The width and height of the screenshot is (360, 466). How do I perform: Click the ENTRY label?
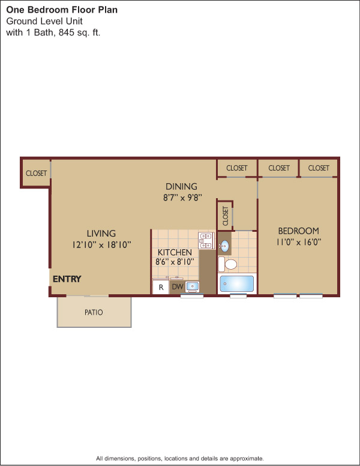coord(67,279)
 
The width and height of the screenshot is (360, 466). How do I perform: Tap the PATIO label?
coord(94,312)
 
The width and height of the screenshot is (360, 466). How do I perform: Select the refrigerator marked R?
coord(161,287)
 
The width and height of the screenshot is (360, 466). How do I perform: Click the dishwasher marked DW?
coord(178,287)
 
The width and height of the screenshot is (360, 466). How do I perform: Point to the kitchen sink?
coord(193,287)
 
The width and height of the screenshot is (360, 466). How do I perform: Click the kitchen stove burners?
coord(206,241)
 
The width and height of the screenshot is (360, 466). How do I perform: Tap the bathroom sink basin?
coord(225,246)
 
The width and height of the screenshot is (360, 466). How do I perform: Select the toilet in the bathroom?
coord(227,264)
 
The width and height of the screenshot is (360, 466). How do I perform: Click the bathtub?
coord(237,283)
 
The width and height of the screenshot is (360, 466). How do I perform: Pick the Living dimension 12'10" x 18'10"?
coord(101,245)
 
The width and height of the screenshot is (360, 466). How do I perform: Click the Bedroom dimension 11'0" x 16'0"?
coord(299,242)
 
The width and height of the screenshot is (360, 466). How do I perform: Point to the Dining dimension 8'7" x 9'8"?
coord(182,198)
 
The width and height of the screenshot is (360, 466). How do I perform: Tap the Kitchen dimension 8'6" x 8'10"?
coord(175,262)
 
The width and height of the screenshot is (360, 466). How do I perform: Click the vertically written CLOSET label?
coord(225,216)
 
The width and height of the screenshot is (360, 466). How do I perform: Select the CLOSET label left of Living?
coord(36,174)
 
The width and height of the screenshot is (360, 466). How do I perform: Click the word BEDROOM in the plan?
coord(299,231)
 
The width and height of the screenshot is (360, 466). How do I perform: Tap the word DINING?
coord(181,186)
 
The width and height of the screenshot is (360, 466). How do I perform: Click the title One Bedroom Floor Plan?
coord(62,10)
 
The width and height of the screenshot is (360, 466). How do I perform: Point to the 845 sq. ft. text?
coord(79,32)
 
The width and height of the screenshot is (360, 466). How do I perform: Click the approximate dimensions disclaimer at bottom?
coord(180,459)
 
